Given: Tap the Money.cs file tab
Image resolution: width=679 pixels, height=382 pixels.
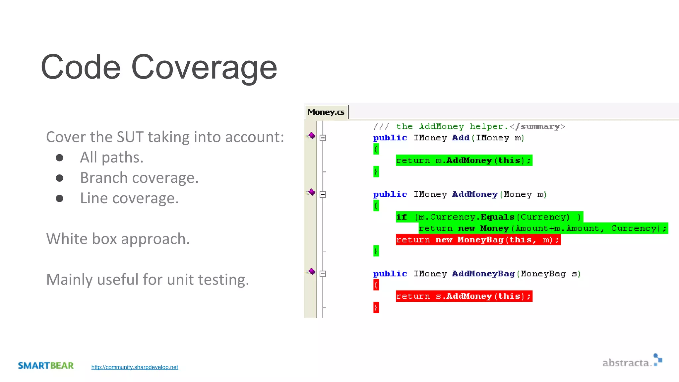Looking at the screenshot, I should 326,112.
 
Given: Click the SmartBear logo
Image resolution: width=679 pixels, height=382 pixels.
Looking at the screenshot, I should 46,365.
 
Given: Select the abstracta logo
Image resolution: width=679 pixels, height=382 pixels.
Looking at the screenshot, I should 632,362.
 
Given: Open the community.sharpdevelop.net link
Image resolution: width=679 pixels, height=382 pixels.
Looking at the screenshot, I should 135,367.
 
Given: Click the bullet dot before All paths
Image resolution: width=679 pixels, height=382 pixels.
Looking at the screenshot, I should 60,158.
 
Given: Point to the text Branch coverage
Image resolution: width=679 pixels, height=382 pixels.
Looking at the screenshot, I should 139,178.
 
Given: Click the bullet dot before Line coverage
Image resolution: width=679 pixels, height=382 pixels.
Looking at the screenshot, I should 60,198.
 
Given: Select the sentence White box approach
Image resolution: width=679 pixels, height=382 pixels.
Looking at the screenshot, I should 118,239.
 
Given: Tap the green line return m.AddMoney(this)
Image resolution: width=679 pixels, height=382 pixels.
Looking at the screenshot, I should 463,160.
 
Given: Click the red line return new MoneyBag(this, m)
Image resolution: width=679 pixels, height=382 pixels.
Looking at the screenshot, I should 478,240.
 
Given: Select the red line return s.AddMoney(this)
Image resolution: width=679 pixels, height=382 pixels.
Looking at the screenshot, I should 463,296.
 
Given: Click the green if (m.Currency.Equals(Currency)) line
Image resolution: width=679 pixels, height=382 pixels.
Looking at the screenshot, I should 489,217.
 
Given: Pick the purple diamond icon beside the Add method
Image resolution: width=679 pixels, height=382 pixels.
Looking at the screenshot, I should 312,136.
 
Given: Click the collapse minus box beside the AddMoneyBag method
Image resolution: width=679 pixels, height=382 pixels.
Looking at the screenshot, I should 323,274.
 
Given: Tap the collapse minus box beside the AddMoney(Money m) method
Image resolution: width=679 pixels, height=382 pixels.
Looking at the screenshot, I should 323,195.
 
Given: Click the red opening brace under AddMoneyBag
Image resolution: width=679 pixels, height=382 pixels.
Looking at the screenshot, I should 376,285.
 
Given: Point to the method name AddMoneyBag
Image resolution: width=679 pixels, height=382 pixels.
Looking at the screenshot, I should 483,274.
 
